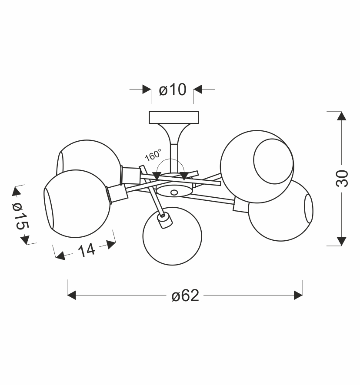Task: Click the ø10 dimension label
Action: tap(173, 90)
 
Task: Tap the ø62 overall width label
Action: tap(185, 295)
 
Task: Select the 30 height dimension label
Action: tap(342, 178)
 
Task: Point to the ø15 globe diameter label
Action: tap(20, 216)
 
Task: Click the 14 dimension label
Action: tap(87, 250)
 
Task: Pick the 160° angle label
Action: tap(153, 155)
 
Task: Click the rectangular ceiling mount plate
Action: tap(174, 117)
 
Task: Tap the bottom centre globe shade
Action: tap(172, 236)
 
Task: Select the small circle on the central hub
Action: tap(174, 192)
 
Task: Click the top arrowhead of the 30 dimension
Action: tap(342, 116)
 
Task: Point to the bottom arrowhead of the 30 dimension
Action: tap(342, 241)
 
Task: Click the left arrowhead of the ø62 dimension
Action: tap(71, 295)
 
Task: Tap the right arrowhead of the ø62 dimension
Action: tap(298, 295)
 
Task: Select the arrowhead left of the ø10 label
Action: tap(147, 90)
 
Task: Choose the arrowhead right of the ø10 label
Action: tap(197, 90)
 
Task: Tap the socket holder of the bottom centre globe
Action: tap(165, 221)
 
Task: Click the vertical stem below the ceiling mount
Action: tap(174, 158)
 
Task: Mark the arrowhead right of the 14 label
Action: tap(111, 244)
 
